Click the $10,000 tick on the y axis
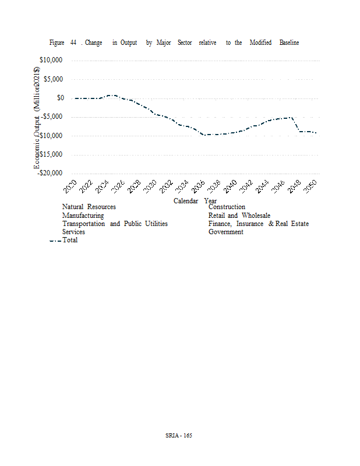(x=51, y=61)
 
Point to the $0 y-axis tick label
(x=60, y=98)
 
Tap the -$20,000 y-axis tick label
(x=51, y=173)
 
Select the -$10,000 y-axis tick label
(x=51, y=136)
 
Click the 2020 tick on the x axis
(x=70, y=187)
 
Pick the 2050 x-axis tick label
(x=311, y=187)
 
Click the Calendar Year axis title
(x=195, y=201)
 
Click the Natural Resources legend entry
(x=89, y=207)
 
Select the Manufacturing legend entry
(x=83, y=216)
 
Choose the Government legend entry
(x=225, y=232)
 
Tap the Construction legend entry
(x=227, y=207)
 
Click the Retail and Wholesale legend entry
(x=239, y=216)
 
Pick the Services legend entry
(x=73, y=232)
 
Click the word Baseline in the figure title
(x=289, y=43)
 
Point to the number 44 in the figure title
(x=73, y=43)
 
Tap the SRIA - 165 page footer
(x=179, y=436)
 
